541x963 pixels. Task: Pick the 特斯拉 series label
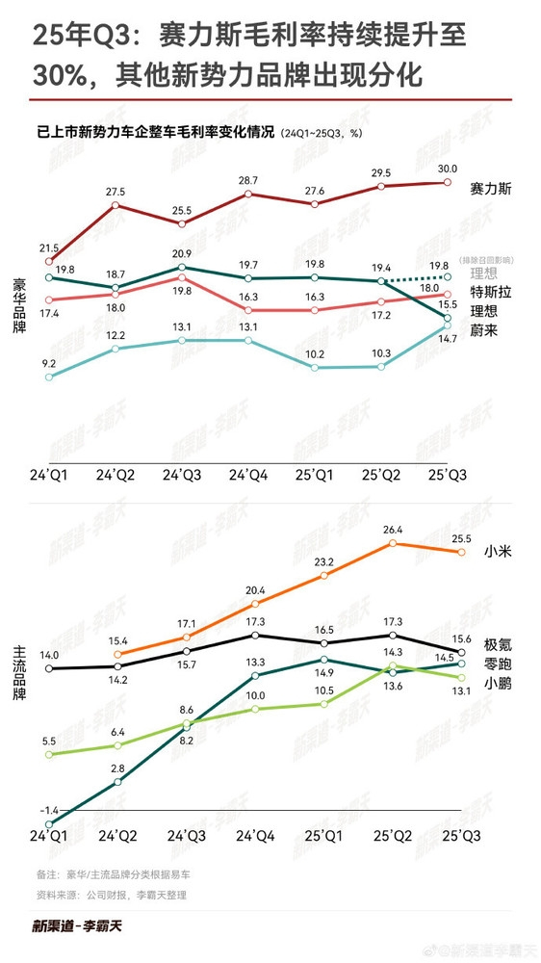[489, 291]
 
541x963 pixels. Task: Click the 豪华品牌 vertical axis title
[17, 303]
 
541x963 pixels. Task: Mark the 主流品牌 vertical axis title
[17, 665]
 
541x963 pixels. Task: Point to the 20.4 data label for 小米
[255, 590]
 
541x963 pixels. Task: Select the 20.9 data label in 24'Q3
[181, 253]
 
